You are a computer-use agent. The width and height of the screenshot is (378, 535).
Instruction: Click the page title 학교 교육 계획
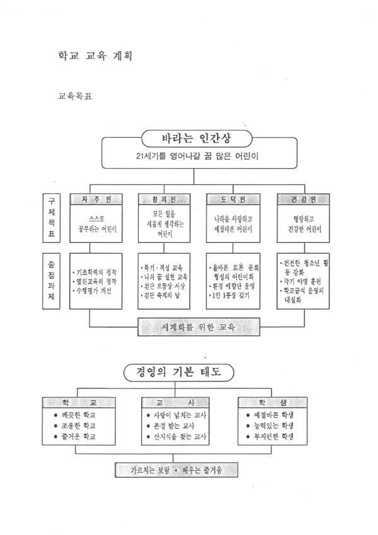(94, 55)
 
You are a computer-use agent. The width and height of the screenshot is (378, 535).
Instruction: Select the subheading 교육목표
(76, 98)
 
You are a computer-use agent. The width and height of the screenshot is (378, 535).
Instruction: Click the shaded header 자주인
(96, 200)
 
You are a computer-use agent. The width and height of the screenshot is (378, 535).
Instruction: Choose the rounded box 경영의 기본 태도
(178, 371)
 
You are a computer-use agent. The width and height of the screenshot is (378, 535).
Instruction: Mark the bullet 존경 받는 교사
(178, 425)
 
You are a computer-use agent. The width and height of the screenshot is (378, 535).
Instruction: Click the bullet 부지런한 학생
(275, 436)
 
